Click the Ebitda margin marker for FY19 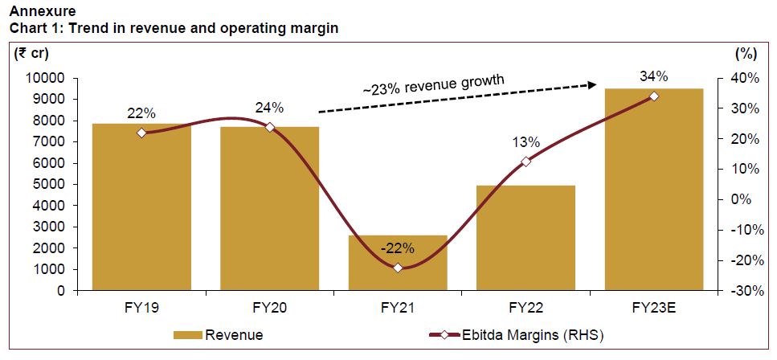[x=141, y=133]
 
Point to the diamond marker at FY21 [x=398, y=267]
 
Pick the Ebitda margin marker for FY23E [x=654, y=96]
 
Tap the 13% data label [x=525, y=142]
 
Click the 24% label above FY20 [x=270, y=107]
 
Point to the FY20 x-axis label [x=270, y=307]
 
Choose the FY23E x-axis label [x=654, y=307]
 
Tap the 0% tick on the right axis [x=746, y=199]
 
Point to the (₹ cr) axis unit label [x=30, y=53]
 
